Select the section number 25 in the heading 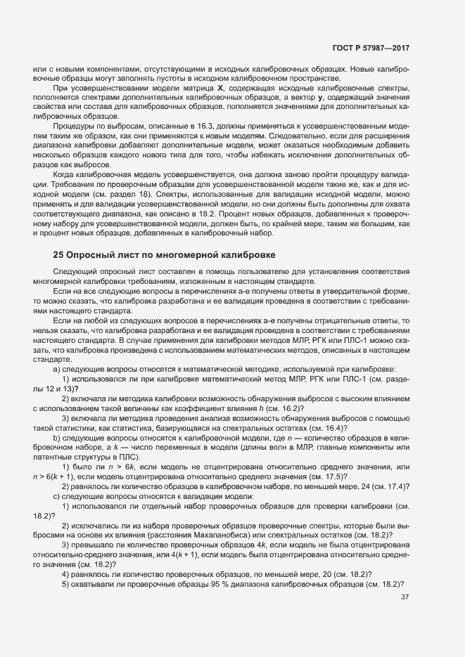58,254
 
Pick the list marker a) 57,370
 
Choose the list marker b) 57,436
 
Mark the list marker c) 57,497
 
